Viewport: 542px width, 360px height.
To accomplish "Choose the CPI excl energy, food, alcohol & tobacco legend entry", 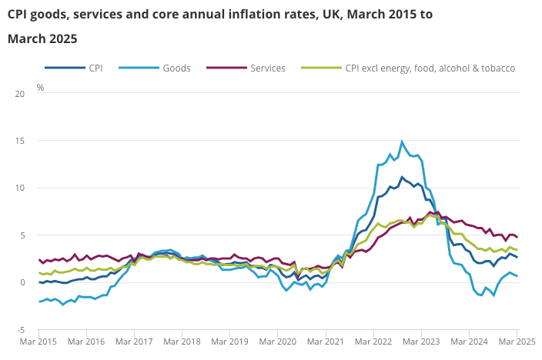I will pos(430,68).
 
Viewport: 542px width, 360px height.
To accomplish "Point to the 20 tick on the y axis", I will pos(20,94).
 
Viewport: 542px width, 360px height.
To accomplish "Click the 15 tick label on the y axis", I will pos(20,141).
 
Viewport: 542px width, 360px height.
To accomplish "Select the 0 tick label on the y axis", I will pos(22,282).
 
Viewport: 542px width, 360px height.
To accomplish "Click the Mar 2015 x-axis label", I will pos(40,341).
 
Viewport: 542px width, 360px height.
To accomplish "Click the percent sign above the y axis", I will pos(40,87).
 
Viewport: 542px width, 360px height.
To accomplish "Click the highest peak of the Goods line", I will pos(402,142).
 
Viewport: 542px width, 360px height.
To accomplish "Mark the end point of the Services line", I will pos(517,237).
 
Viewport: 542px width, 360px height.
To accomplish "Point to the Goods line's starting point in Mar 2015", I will pos(40,302).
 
